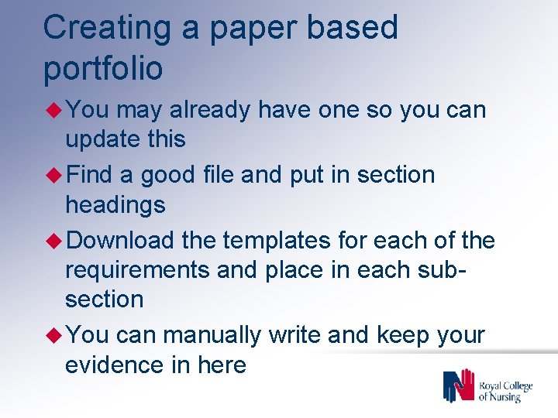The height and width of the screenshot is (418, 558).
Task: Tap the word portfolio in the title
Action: (103, 68)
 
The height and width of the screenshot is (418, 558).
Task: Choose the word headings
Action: (115, 205)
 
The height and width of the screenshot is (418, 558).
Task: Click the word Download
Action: (120, 241)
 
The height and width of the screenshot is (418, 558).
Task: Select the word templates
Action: (276, 241)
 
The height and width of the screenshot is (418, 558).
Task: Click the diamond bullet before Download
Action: (56, 241)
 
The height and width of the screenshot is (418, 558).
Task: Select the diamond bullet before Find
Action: (56, 175)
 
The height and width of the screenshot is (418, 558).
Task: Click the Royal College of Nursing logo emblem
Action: (458, 385)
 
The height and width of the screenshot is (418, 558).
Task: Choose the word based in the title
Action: (352, 28)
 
